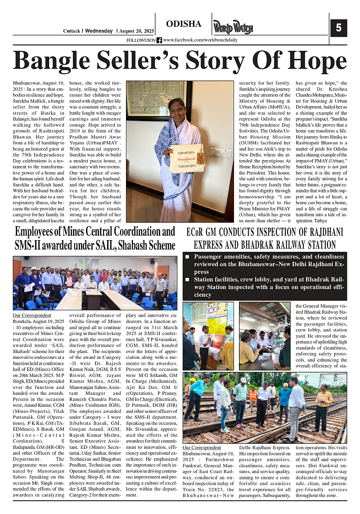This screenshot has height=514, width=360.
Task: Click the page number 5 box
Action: pyautogui.click(x=338, y=28)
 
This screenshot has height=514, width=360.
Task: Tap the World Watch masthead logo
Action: pyautogui.click(x=233, y=27)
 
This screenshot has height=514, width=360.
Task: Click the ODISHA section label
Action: pyautogui.click(x=184, y=24)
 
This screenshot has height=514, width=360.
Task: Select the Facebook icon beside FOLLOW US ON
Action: pyautogui.click(x=159, y=40)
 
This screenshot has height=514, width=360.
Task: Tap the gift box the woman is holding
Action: pyautogui.click(x=187, y=158)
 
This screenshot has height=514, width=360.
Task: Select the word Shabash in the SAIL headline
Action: pyautogui.click(x=130, y=246)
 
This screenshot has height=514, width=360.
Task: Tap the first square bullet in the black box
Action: pyautogui.click(x=187, y=257)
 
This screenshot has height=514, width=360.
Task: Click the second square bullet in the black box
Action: pyautogui.click(x=187, y=280)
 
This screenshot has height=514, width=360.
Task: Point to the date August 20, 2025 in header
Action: pyautogui.click(x=136, y=31)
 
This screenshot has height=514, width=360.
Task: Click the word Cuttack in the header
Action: pyautogui.click(x=71, y=31)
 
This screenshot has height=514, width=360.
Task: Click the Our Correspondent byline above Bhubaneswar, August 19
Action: pyautogui.click(x=202, y=448)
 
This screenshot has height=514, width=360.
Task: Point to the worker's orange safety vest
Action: pyautogui.click(x=253, y=395)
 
